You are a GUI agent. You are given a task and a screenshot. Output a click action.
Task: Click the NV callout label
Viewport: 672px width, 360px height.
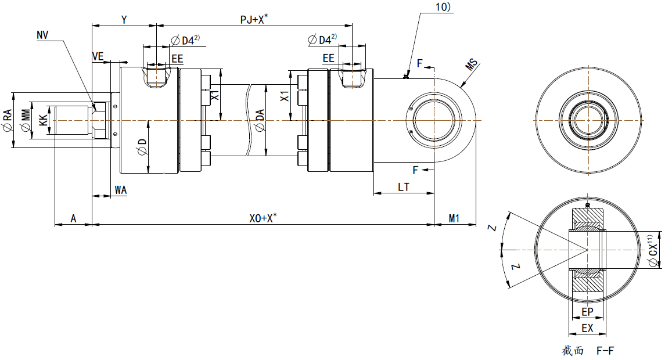click(42, 35)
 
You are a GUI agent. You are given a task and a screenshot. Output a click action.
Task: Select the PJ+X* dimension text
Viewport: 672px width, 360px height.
click(254, 19)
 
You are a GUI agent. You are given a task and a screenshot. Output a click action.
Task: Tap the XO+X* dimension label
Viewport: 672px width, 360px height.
click(263, 218)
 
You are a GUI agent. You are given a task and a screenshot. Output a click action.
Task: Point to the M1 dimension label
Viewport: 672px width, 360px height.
click(454, 218)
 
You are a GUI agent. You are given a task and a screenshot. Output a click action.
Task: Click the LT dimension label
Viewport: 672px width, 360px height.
click(403, 187)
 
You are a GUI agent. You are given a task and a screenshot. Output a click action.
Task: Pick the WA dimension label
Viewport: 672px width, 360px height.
click(121, 190)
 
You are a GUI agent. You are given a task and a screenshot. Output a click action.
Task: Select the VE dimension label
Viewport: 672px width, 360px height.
click(98, 56)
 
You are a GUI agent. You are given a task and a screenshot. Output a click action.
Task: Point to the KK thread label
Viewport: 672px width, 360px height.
click(43, 121)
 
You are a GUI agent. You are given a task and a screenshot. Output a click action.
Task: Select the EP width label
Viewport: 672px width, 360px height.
click(587, 313)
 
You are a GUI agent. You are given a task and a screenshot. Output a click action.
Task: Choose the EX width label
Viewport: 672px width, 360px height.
click(587, 329)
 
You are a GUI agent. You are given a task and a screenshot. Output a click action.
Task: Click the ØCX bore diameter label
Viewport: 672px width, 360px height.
click(653, 250)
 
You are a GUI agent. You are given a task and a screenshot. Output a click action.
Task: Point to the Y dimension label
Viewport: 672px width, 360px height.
click(124, 20)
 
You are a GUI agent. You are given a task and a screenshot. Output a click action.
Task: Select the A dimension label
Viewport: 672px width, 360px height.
click(73, 218)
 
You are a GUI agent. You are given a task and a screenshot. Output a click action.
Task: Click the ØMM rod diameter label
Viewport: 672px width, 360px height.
click(25, 121)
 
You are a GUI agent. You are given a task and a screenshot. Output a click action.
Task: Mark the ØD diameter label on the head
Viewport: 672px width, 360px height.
click(142, 147)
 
